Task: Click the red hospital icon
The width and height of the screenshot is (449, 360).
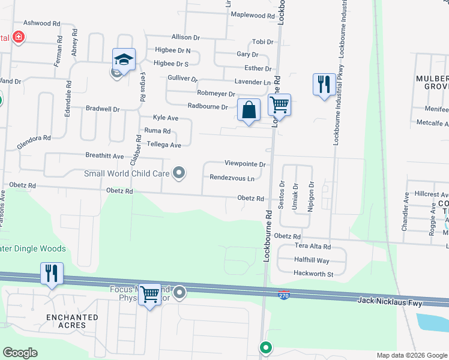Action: pyautogui.click(x=19, y=37)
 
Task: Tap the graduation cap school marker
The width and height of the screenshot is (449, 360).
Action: pyautogui.click(x=124, y=59)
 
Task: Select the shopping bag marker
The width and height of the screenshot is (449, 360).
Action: pyautogui.click(x=249, y=110)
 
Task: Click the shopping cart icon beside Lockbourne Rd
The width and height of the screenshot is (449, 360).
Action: pyautogui.click(x=279, y=104)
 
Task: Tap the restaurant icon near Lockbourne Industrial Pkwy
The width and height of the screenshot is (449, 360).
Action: pyautogui.click(x=324, y=84)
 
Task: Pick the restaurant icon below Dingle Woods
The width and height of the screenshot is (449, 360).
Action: pyautogui.click(x=52, y=274)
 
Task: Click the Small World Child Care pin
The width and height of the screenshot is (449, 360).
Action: pyautogui.click(x=178, y=173)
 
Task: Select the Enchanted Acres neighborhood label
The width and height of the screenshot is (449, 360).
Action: pyautogui.click(x=73, y=321)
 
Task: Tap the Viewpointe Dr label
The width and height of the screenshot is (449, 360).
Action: pyautogui.click(x=245, y=163)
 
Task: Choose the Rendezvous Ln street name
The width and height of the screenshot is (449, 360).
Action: pyautogui.click(x=232, y=178)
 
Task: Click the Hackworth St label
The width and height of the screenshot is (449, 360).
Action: pyautogui.click(x=313, y=274)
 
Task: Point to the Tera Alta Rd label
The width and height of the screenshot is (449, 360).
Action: pyautogui.click(x=312, y=247)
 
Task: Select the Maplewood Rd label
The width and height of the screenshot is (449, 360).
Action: pyautogui.click(x=252, y=15)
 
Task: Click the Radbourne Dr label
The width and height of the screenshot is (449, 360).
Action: pyautogui.click(x=208, y=107)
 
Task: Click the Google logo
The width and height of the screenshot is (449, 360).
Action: pyautogui.click(x=20, y=353)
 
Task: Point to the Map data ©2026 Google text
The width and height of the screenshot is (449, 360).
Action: pyautogui.click(x=411, y=355)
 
